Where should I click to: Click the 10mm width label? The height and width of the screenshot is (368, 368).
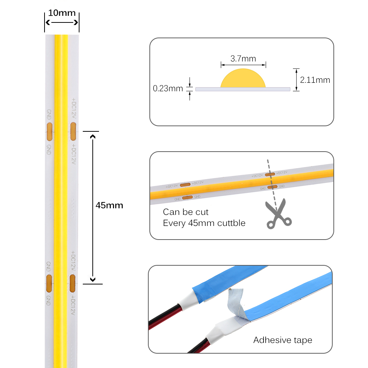[x=62, y=13]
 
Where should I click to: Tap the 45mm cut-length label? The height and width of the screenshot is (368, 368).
[x=109, y=205]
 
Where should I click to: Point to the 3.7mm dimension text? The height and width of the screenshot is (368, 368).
[x=243, y=59]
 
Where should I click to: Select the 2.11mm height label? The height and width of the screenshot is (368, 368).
[x=315, y=80]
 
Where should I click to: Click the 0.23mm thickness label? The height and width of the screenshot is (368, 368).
[x=168, y=88]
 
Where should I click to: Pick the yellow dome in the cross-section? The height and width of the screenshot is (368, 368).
[x=243, y=78]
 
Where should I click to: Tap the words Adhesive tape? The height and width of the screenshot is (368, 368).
[x=283, y=340]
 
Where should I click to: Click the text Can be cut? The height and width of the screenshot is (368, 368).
[x=185, y=212]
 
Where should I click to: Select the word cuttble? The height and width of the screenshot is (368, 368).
[x=231, y=223]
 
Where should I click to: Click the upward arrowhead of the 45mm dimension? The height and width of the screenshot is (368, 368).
[x=93, y=137]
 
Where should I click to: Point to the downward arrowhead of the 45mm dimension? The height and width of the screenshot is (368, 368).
[x=93, y=280]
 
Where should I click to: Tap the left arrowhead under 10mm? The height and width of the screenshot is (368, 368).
[x=47, y=22]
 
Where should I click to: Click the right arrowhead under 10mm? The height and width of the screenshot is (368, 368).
[x=76, y=22]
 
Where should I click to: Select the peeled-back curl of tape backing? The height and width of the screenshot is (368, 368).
[x=236, y=302]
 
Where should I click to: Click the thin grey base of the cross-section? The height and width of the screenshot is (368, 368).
[x=243, y=89]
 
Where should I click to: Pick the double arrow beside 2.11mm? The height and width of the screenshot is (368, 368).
[x=296, y=80]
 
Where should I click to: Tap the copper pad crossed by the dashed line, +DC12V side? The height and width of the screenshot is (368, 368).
[x=270, y=174]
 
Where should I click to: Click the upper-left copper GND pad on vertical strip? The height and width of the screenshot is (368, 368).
[x=50, y=132]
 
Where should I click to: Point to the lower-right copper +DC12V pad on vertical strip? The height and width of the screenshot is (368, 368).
[x=72, y=283]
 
